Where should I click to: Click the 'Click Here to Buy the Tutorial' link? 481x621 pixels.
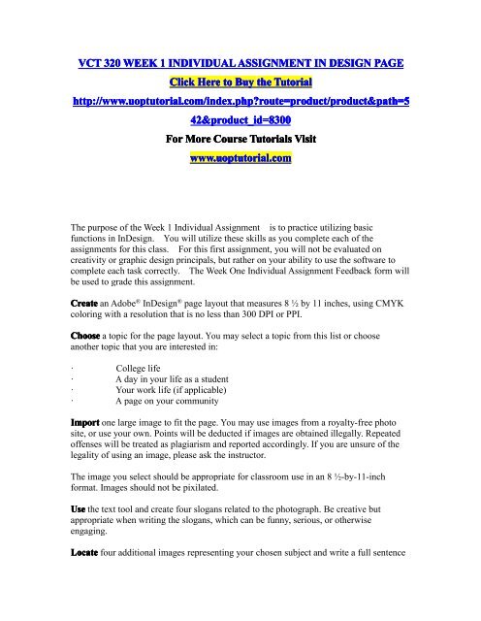coord(240,85)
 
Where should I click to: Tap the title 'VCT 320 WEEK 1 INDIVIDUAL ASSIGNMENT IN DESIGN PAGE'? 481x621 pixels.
coord(240,64)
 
